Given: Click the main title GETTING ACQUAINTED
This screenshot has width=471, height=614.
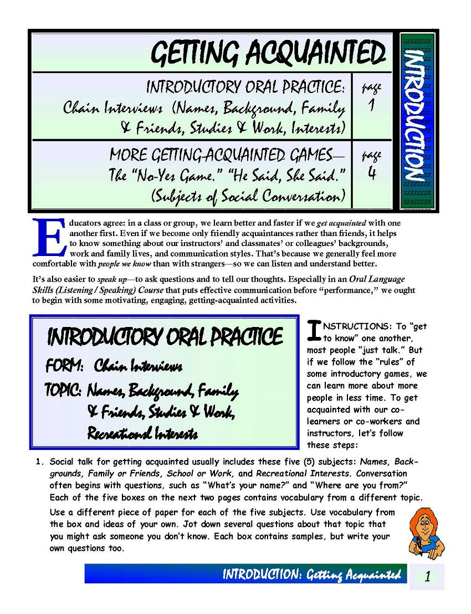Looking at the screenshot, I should click(x=268, y=54).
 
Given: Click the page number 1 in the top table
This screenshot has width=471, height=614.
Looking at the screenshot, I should click(x=371, y=104).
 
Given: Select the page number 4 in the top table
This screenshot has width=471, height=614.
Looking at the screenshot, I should click(x=371, y=173).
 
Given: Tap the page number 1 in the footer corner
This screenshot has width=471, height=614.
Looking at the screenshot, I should click(x=427, y=576).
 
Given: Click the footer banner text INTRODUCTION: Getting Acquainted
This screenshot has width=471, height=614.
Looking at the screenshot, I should click(x=311, y=575).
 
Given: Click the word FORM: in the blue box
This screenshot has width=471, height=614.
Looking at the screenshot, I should click(x=64, y=366).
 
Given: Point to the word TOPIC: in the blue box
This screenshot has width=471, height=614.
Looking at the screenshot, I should click(x=63, y=391).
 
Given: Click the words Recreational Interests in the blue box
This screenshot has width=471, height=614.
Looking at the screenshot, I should click(x=142, y=433).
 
